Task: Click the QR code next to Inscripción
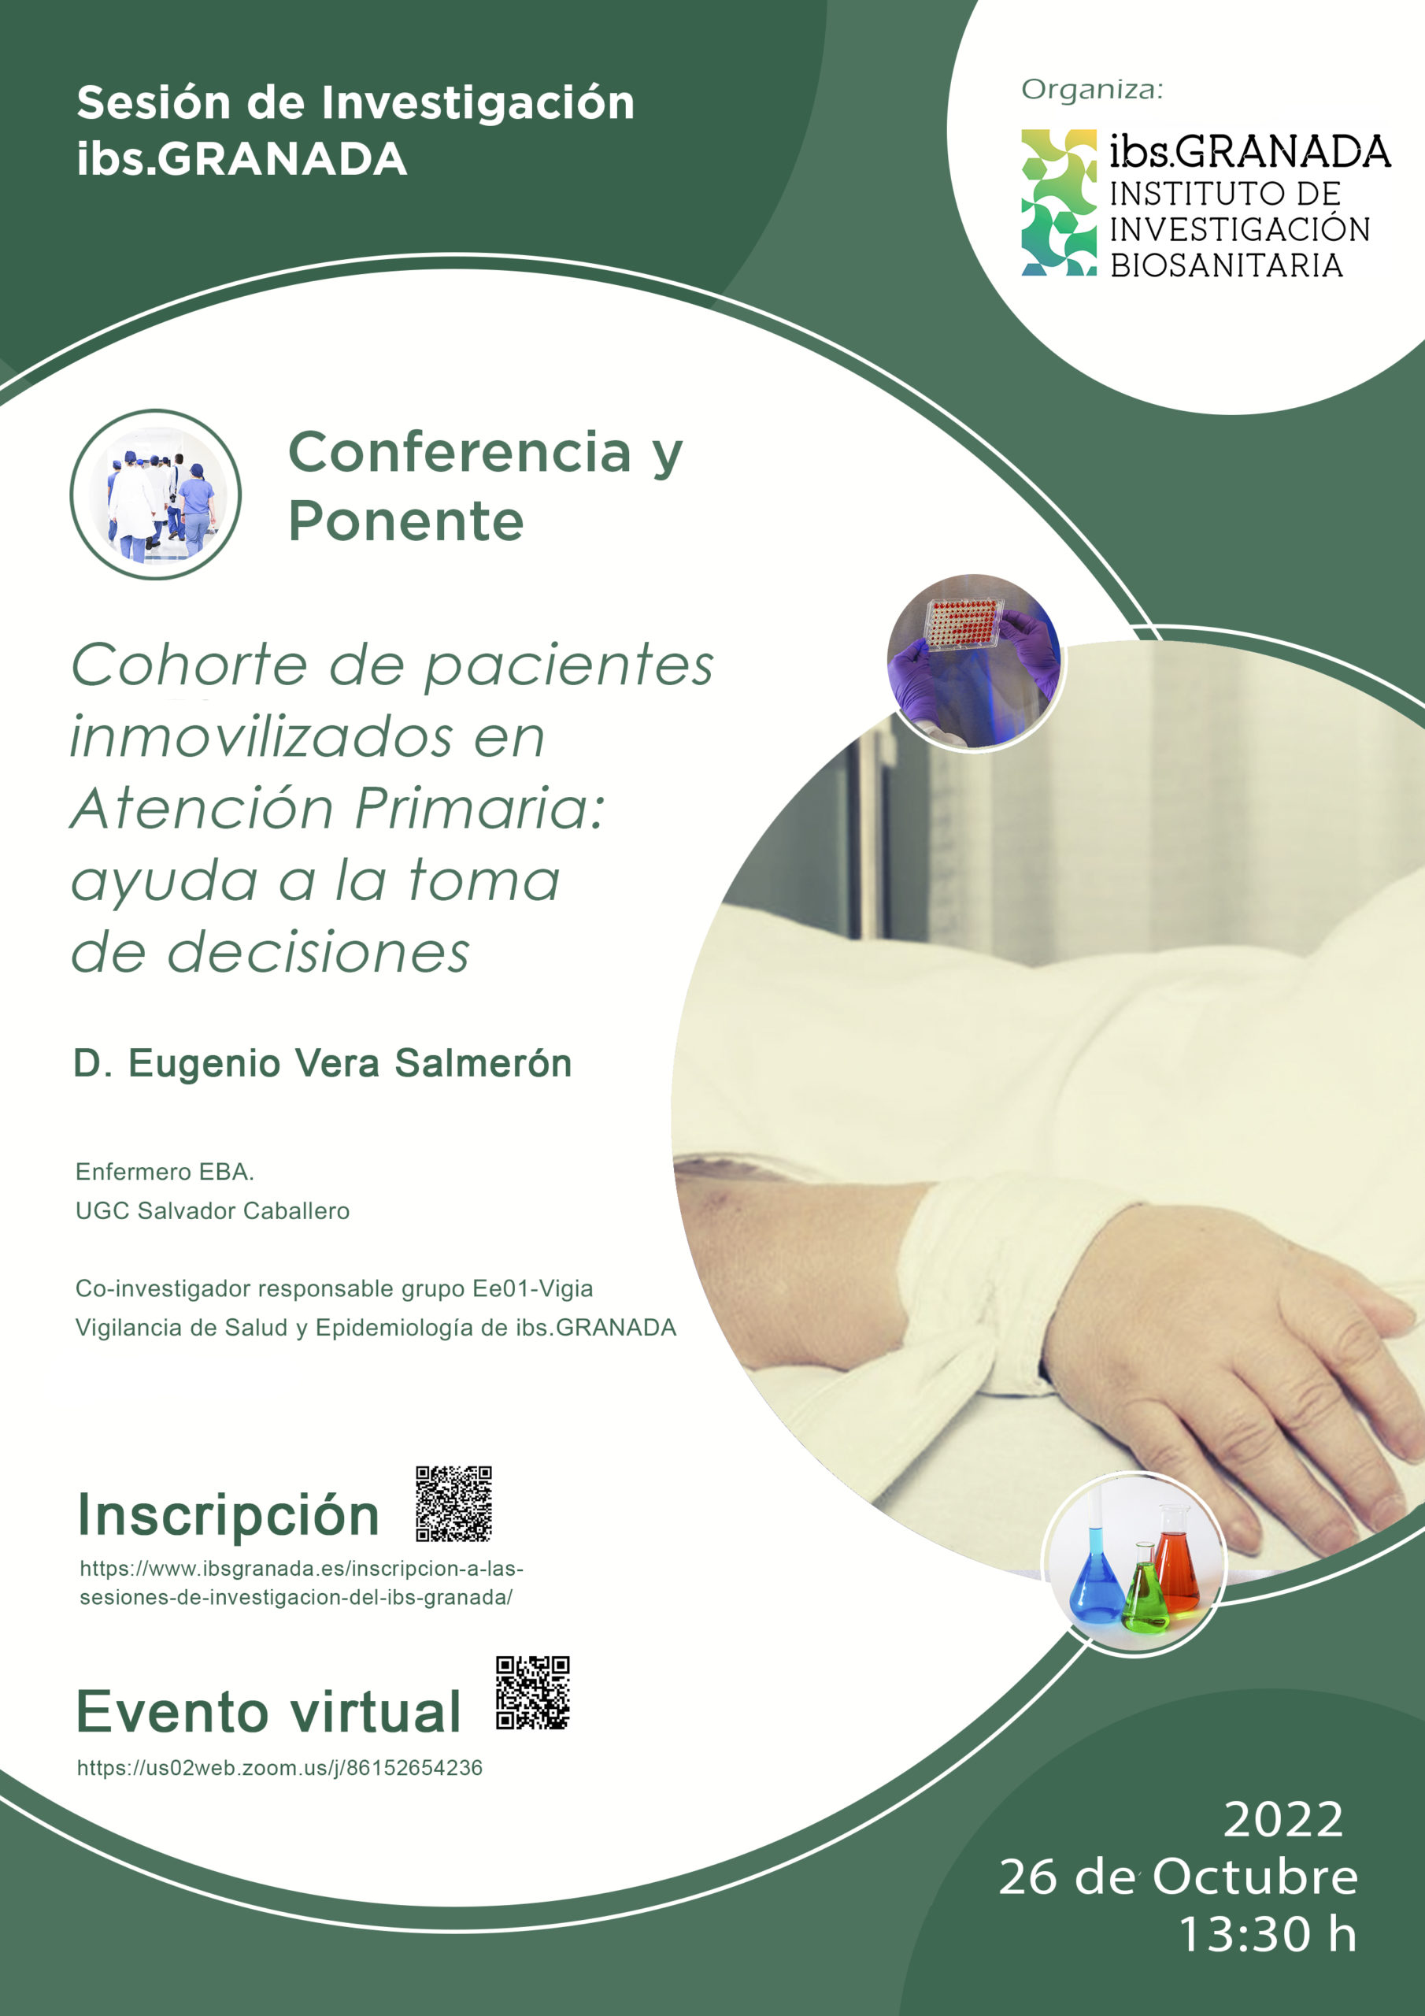[x=453, y=1503]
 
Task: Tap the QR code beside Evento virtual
[x=532, y=1693]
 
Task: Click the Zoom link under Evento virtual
[x=279, y=1767]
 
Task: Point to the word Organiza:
[x=1091, y=90]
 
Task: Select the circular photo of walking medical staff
[x=155, y=495]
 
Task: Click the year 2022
[x=1282, y=1819]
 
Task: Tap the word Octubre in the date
[x=1255, y=1877]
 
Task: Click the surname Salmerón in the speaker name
[x=483, y=1063]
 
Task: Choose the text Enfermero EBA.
[x=165, y=1171]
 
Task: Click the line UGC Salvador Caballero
[x=213, y=1211]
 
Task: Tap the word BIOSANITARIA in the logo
[x=1227, y=265]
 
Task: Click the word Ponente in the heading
[x=405, y=521]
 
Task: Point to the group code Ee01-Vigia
[x=533, y=1288]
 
